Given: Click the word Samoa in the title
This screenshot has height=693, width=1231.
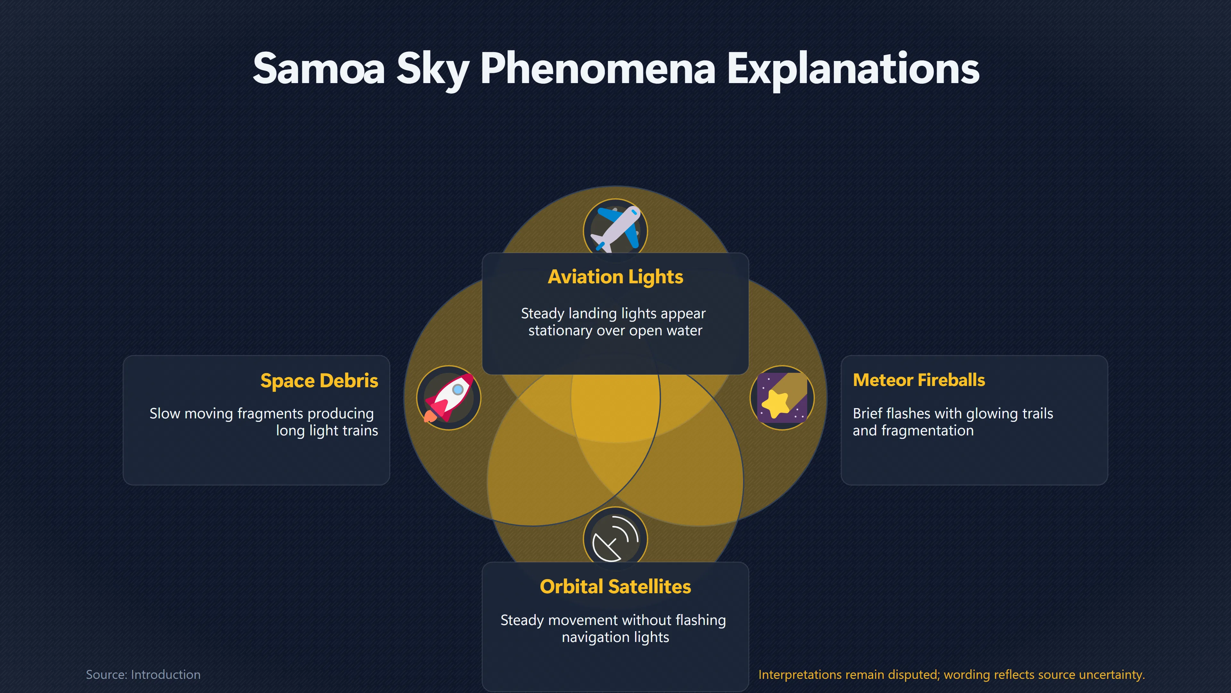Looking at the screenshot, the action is coord(319,69).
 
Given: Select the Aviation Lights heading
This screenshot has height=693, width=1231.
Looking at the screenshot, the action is coord(615,277).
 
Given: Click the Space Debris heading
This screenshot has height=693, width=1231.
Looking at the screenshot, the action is coord(319,381).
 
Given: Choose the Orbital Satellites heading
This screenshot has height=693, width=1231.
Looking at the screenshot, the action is coord(615,587).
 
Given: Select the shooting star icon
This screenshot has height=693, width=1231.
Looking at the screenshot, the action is coord(782,398).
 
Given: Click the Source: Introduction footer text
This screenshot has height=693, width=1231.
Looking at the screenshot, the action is coord(143,674).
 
